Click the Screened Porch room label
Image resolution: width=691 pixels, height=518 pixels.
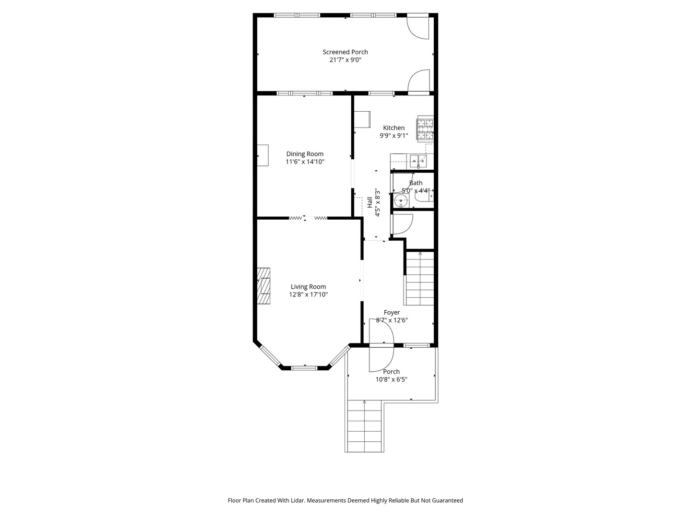(345, 52)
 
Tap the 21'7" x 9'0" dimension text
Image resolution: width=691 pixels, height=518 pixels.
(345, 60)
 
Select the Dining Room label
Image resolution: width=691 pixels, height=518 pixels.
(305, 154)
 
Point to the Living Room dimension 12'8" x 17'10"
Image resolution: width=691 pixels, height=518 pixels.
(308, 295)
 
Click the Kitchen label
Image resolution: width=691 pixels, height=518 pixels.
(393, 128)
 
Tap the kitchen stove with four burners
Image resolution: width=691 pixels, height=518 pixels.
(425, 129)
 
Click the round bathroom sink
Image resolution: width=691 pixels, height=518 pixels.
(400, 200)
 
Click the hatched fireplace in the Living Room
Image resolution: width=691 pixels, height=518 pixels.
(263, 285)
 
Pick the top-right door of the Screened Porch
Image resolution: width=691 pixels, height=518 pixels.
(418, 27)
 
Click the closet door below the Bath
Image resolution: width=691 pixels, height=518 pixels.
(402, 224)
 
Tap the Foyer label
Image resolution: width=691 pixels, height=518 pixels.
(392, 312)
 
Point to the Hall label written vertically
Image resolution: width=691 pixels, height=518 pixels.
(369, 202)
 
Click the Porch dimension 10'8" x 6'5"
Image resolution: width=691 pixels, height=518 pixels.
(392, 379)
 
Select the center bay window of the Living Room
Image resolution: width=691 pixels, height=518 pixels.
(304, 368)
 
